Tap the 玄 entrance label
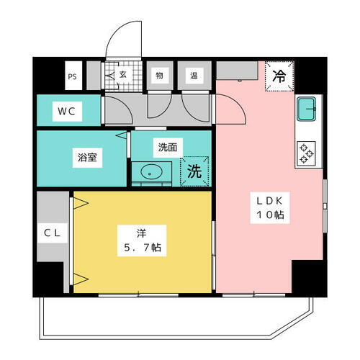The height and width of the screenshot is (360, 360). coord(122,74)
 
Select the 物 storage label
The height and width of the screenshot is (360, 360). coord(158,75)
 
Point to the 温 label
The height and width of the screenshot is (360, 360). coord(194,75)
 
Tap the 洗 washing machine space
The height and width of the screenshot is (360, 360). coord(194,173)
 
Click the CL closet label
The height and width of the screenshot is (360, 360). coord(50,233)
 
